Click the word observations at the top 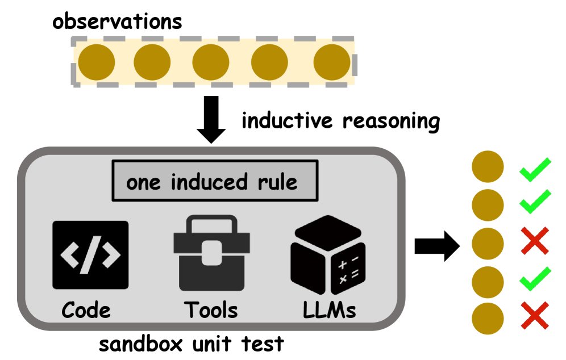[118, 22]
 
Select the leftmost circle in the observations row [97, 61]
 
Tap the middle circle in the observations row [211, 61]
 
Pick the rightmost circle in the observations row [332, 61]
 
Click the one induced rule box [212, 182]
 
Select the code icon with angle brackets [90, 256]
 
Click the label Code [86, 310]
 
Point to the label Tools [211, 310]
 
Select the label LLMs [329, 310]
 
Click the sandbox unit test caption [192, 344]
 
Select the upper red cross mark [534, 240]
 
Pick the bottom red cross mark [534, 316]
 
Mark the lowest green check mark [535, 278]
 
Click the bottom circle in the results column [488, 316]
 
